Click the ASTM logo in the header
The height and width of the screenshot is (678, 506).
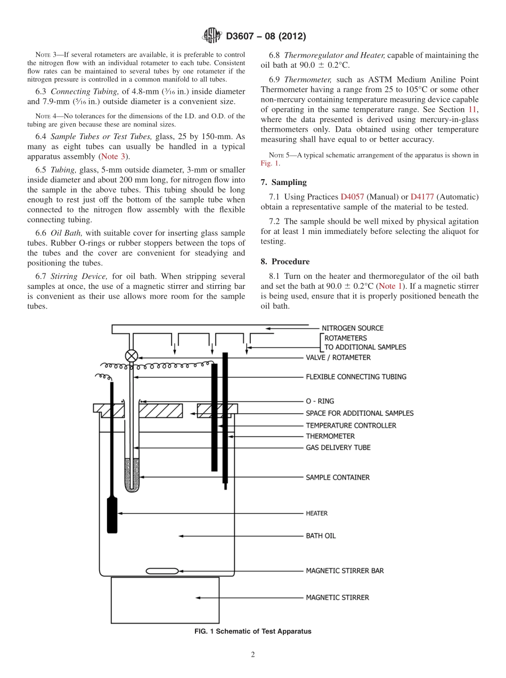213,36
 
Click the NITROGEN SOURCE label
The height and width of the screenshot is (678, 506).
352,328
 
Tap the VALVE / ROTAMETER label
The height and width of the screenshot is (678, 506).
338,357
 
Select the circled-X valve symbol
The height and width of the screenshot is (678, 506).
131,356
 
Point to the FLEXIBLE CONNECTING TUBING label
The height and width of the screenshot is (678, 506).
356,377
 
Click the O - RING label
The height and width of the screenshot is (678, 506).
320,401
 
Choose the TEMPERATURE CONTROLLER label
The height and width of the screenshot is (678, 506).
350,425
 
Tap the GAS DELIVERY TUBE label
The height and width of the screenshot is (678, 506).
338,448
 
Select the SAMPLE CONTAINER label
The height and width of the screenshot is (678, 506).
337,478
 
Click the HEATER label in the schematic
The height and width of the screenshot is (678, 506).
316,513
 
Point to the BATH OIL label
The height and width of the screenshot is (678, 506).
321,536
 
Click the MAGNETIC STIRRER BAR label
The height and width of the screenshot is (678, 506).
345,571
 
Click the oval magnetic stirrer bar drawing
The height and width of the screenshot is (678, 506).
162,571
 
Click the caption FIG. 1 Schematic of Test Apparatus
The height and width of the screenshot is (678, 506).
253,631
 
